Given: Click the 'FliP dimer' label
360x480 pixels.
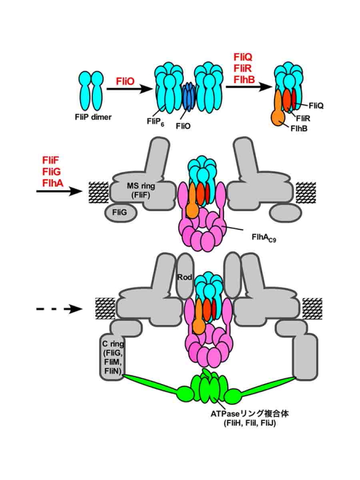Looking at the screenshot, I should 95,117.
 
